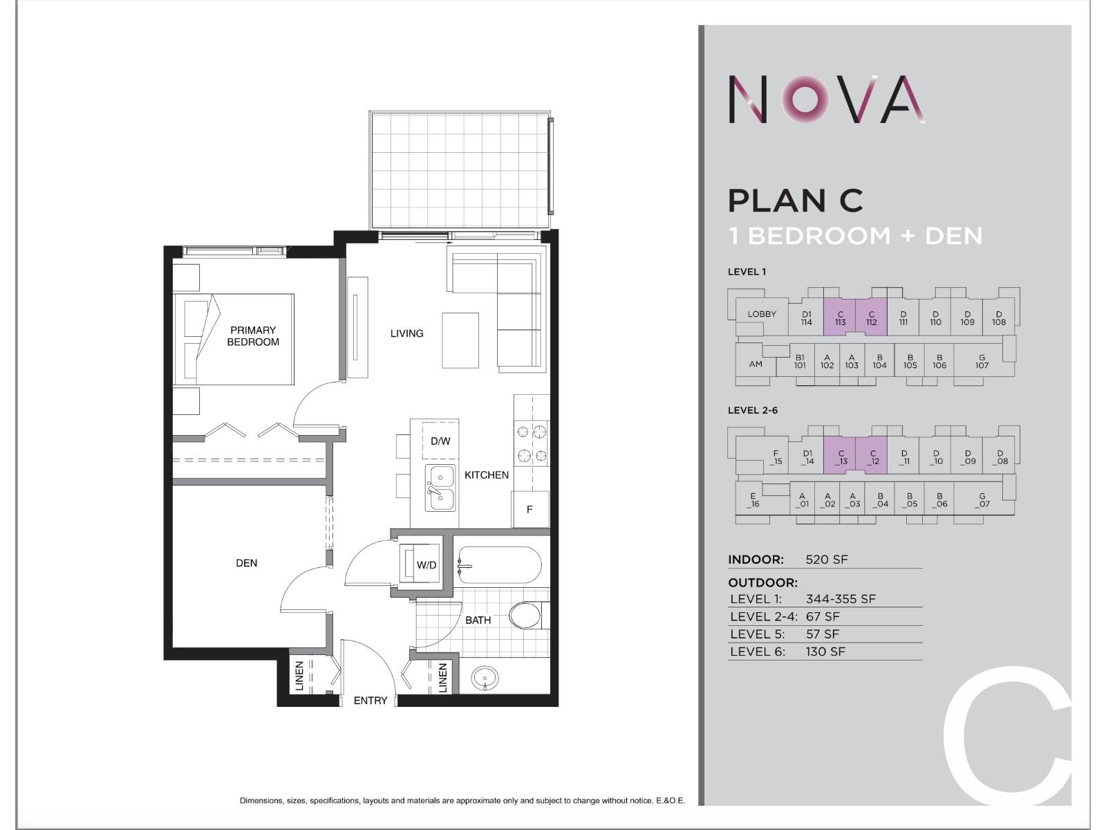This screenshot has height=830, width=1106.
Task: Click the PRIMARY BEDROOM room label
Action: point(253,336)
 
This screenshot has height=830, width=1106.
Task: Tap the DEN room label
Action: point(246,563)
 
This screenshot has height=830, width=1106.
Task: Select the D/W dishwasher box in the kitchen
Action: point(440,441)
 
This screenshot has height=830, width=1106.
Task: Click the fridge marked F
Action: point(529,509)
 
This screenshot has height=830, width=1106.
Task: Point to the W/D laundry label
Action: point(427,565)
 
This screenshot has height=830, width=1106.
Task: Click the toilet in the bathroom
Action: point(527,615)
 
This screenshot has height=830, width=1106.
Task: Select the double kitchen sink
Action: point(440,488)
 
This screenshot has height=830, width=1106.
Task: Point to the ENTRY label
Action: point(371,701)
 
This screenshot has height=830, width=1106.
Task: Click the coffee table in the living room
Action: point(460,340)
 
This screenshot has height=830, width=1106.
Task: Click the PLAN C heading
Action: point(796,201)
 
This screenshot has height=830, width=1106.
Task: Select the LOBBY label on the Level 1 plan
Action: point(762,314)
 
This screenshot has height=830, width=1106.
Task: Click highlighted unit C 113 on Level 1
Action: point(840,318)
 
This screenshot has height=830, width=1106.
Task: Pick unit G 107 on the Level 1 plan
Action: point(982,362)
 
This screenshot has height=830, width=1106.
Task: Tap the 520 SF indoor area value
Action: point(827,560)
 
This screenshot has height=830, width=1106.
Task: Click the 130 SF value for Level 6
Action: point(825,652)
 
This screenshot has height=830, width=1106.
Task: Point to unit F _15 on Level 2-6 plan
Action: point(776,457)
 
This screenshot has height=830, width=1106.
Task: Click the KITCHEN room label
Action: point(487,475)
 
